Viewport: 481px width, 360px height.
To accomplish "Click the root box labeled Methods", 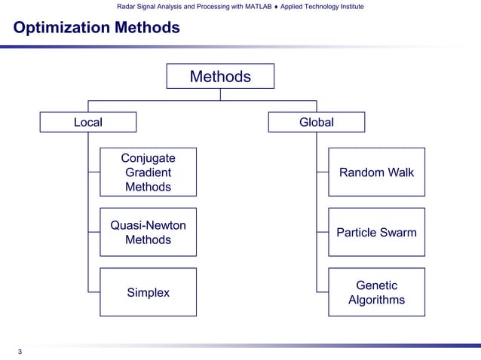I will (220, 77).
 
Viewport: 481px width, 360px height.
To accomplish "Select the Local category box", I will (88, 122).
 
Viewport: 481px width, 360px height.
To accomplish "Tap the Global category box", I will (317, 122).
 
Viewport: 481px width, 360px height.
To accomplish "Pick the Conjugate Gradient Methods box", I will (148, 172).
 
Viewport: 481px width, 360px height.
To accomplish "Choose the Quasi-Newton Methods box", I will (148, 232).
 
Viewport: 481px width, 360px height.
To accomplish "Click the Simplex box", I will (148, 292).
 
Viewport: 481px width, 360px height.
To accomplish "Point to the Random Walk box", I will (376, 172).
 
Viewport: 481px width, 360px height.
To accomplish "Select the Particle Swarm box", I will (376, 232).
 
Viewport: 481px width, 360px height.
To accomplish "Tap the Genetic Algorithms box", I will (376, 292).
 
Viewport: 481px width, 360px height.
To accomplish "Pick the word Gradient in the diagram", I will (148, 172).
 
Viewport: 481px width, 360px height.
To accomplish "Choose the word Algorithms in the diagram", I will (376, 300).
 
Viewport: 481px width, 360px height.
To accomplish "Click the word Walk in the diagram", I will (400, 172).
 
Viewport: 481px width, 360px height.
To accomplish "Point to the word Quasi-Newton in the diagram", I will (148, 225).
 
